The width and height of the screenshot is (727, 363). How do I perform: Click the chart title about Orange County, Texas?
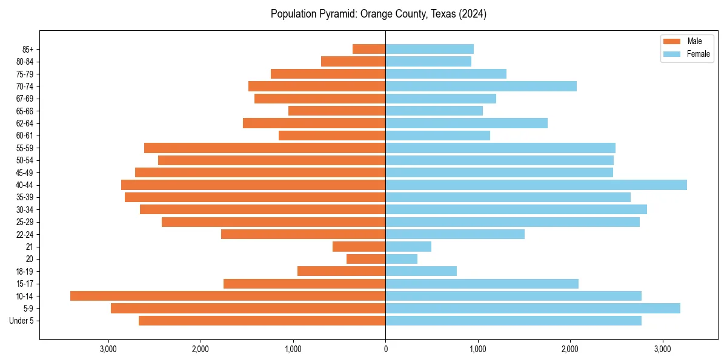point(379,14)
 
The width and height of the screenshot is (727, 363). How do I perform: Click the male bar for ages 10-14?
point(228,296)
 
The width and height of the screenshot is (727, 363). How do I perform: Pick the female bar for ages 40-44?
point(536,185)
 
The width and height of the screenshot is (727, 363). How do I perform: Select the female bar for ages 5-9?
point(533,309)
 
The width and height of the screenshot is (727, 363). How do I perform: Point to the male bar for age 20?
point(366,259)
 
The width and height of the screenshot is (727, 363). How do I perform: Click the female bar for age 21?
point(408,247)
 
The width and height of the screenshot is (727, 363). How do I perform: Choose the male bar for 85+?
point(369,49)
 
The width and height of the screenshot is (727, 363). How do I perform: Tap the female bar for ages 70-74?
point(481,87)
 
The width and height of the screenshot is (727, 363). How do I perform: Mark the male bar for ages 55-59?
point(265,148)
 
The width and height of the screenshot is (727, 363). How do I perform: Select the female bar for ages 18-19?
point(421,272)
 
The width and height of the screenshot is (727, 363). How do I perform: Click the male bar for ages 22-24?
point(304,234)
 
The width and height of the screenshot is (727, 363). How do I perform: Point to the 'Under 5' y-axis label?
point(21,321)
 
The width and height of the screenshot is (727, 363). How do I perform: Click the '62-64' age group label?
point(24,123)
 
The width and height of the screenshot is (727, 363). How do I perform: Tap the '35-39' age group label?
point(24,197)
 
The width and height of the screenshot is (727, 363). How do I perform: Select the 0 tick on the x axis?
point(385,348)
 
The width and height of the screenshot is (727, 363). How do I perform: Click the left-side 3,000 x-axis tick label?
point(108,348)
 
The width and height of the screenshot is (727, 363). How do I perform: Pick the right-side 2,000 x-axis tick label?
point(570,348)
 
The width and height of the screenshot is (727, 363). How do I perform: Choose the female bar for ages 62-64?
point(466,123)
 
